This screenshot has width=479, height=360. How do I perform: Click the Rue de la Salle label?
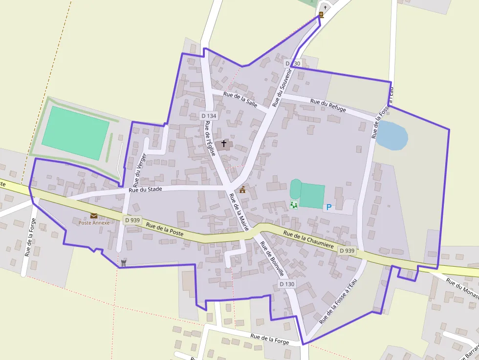(240, 100)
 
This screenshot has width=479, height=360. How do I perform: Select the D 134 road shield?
(209, 116)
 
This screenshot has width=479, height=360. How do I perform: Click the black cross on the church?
(224, 144)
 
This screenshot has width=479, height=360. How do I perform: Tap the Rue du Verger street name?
(140, 168)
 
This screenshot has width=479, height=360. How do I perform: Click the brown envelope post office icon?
(94, 215)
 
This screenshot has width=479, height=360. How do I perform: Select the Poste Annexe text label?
(94, 223)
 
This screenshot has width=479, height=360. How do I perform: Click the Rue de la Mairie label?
(239, 212)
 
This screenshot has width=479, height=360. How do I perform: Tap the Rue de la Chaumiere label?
(308, 242)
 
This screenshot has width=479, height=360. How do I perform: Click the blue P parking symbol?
(329, 207)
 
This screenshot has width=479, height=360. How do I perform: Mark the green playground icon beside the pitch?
(294, 205)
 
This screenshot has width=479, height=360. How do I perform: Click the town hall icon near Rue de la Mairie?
(242, 190)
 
